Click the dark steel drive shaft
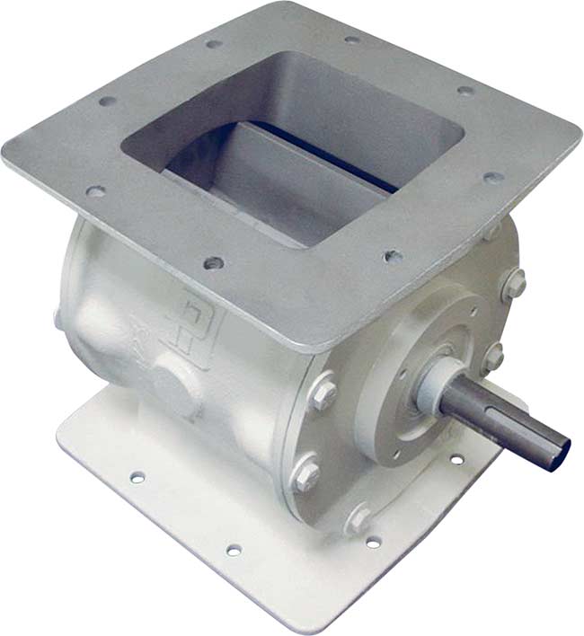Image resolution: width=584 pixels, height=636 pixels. pos(503,422)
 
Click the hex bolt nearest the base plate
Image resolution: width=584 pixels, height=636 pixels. pos(358,518)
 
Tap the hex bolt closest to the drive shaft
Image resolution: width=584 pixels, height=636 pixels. pos(491,358)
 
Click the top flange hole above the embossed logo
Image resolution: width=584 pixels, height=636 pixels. pos(213,264)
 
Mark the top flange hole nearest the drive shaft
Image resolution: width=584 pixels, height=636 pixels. pos(393,256)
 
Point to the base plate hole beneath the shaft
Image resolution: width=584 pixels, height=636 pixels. pos(456,460)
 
